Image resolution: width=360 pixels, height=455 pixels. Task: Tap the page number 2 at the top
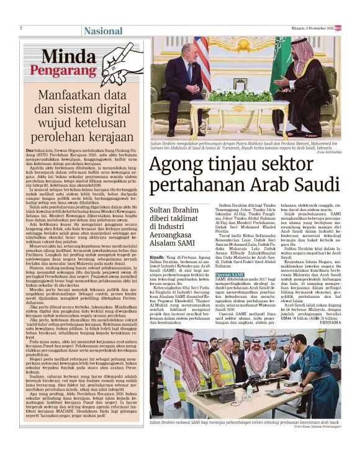(x=21, y=29)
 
